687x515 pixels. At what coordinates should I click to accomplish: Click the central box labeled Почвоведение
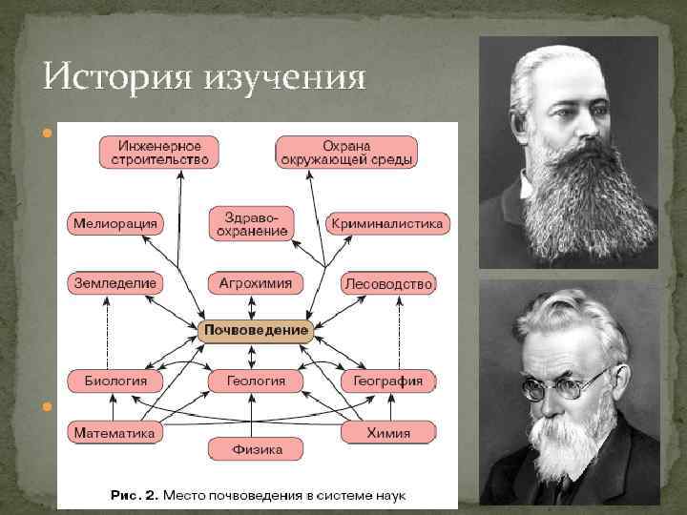coord(255,331)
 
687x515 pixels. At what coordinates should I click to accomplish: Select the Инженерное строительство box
coord(158,153)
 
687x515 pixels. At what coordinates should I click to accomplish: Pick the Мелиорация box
coord(114,223)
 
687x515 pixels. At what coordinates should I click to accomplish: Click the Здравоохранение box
coord(249,223)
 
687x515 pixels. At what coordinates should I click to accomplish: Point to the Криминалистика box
coord(387,223)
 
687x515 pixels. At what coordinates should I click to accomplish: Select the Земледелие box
coord(114,282)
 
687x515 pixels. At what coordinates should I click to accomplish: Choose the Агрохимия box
coord(255,282)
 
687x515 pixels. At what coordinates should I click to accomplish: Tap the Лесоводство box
coord(387,282)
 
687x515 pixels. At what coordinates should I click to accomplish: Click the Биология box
coord(114,381)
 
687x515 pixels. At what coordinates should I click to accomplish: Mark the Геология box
coord(255,381)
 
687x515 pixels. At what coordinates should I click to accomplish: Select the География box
coord(387,381)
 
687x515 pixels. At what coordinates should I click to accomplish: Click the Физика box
coord(255,448)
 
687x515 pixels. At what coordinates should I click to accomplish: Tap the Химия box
coord(387,432)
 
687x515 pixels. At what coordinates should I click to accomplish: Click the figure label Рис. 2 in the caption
coord(133,494)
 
